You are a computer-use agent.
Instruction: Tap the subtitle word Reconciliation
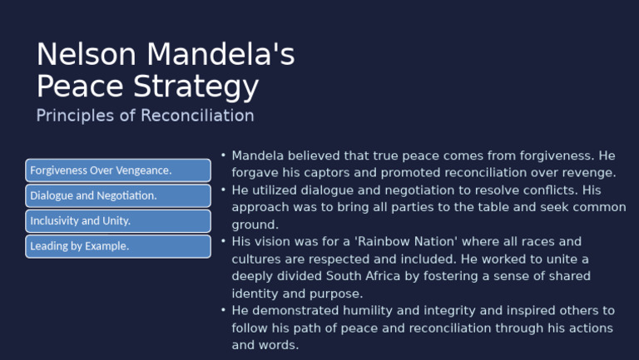click(197, 116)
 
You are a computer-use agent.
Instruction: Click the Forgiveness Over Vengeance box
click(117, 170)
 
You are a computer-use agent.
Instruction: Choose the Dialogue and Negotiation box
click(117, 196)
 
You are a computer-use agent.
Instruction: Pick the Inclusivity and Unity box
click(117, 221)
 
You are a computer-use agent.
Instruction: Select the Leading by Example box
click(117, 246)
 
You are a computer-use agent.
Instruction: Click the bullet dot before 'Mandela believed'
click(224, 155)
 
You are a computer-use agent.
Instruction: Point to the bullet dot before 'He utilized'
click(224, 190)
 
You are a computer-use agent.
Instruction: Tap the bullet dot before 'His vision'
click(224, 242)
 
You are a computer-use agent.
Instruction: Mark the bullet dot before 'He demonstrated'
click(224, 310)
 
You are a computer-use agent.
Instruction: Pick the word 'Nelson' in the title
click(87, 55)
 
